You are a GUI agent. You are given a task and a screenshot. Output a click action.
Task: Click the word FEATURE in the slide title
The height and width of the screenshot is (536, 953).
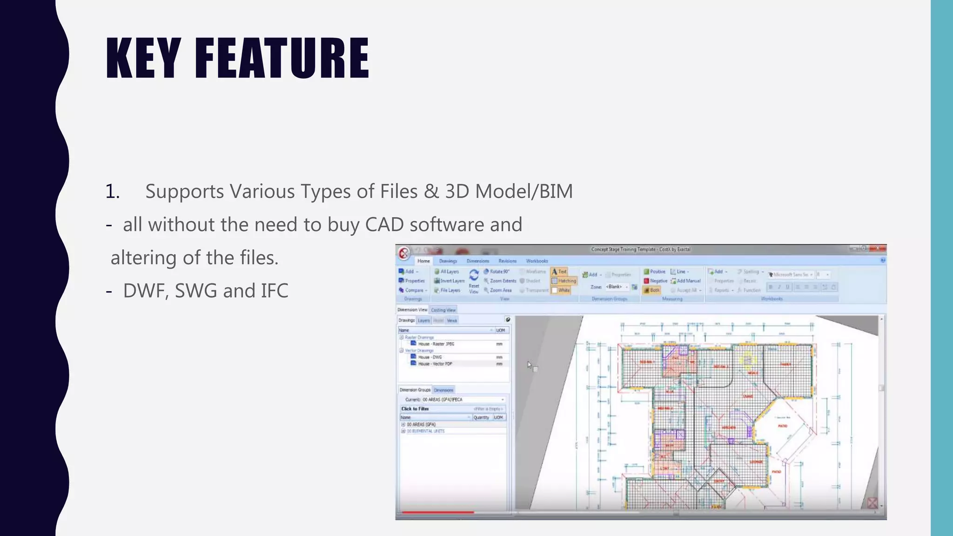(x=282, y=58)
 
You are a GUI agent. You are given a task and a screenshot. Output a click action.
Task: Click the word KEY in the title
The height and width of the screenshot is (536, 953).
(x=143, y=58)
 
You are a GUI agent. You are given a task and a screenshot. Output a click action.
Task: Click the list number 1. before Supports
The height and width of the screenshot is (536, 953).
(x=113, y=191)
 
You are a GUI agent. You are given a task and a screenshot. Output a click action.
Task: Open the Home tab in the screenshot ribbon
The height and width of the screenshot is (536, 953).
(x=423, y=261)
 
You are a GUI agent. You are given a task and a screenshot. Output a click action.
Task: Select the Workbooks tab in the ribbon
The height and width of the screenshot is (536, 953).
(x=537, y=261)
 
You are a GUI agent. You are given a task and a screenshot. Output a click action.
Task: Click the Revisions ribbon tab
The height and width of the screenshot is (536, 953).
(x=507, y=261)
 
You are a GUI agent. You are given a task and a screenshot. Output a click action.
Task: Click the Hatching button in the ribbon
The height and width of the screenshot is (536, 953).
(x=564, y=281)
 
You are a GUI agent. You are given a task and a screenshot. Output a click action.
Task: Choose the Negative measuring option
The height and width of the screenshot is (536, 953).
(x=656, y=281)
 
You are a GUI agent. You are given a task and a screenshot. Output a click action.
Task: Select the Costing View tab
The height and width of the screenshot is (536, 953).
(x=443, y=310)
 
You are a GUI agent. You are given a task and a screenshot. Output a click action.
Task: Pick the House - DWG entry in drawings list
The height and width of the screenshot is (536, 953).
(x=430, y=357)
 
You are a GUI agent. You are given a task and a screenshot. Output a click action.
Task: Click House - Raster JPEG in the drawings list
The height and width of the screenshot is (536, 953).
(x=436, y=344)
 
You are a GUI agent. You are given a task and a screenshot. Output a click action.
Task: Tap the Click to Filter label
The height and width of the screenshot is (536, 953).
(x=415, y=409)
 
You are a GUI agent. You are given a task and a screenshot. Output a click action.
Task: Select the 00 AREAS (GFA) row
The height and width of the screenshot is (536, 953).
(x=421, y=424)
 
